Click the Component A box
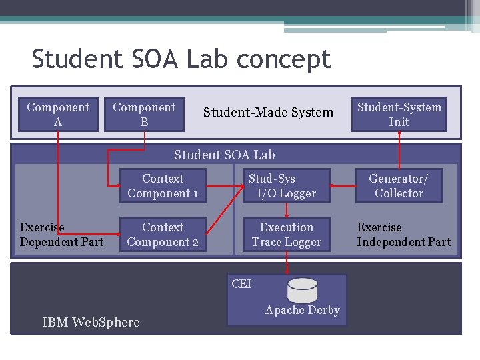click(x=58, y=115)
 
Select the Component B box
click(x=144, y=115)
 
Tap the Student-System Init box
click(x=399, y=115)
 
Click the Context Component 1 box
click(x=163, y=186)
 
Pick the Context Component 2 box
click(x=163, y=235)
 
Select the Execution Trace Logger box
click(x=287, y=235)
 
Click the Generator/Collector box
click(x=399, y=186)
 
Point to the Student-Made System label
click(x=268, y=113)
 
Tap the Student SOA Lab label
click(x=224, y=155)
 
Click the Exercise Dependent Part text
click(x=61, y=235)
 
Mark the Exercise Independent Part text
click(x=403, y=235)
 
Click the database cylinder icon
click(x=302, y=290)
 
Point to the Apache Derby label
click(x=302, y=310)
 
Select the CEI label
click(x=241, y=284)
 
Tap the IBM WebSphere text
click(x=91, y=323)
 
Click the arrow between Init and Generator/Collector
click(x=399, y=150)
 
